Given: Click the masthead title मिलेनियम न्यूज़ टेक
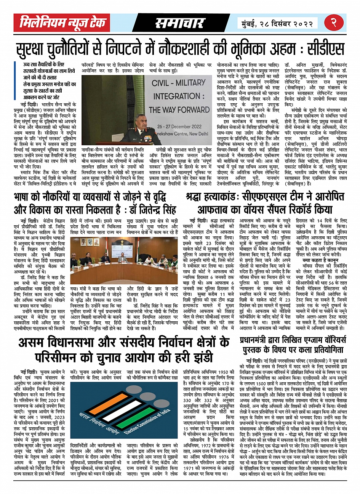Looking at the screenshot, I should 63,23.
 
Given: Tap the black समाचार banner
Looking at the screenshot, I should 180,23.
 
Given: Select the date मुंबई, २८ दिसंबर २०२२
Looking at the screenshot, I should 278,23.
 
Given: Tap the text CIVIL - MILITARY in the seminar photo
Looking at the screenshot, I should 179,83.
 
